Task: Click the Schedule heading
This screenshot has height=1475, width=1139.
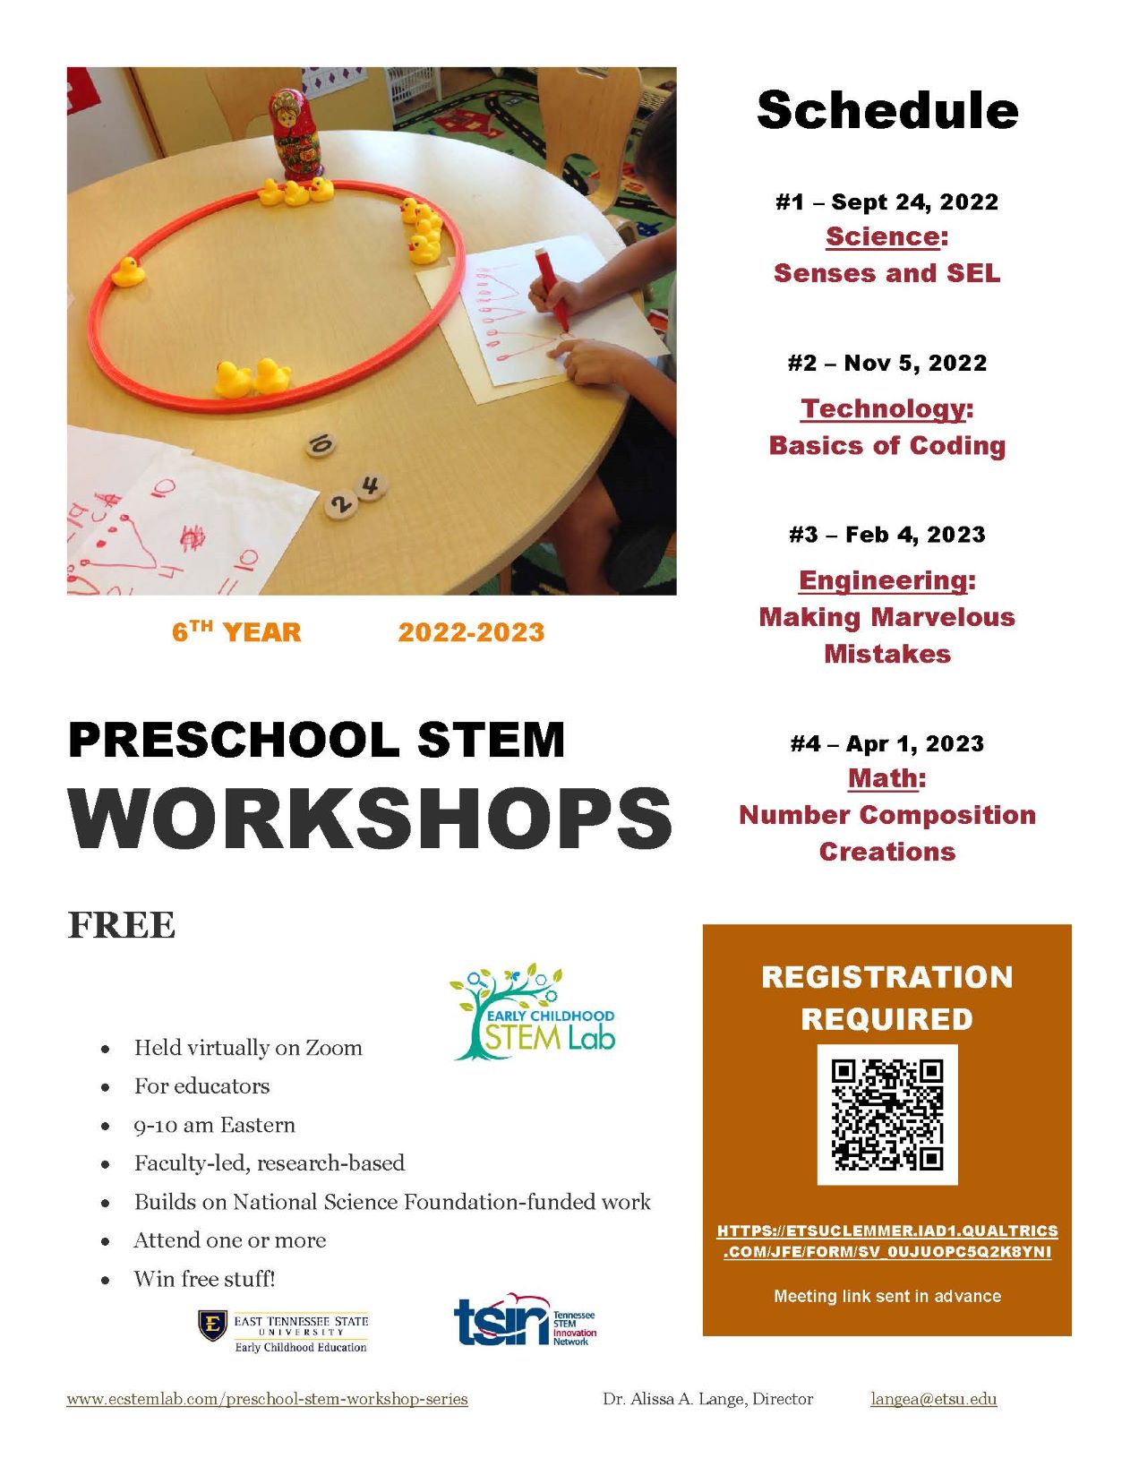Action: [886, 111]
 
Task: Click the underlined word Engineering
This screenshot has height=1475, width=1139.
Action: [883, 580]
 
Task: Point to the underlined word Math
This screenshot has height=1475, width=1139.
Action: [883, 778]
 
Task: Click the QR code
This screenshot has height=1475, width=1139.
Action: [886, 1114]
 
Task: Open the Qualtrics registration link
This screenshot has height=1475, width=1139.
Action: [886, 1241]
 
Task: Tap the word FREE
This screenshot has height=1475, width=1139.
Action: [122, 925]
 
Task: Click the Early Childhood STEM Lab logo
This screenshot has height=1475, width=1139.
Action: [533, 1013]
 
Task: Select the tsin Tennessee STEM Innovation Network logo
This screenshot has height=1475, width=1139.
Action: [525, 1321]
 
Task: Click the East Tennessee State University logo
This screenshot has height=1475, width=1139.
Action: [283, 1333]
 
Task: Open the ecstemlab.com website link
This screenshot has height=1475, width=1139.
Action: [267, 1399]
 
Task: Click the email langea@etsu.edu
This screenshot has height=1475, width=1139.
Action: [933, 1399]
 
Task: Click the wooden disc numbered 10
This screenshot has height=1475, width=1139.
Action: [320, 444]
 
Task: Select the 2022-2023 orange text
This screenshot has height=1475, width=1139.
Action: [471, 632]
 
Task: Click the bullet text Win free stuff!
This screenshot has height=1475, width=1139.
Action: [204, 1279]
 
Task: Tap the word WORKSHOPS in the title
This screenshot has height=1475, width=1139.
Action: [370, 819]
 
